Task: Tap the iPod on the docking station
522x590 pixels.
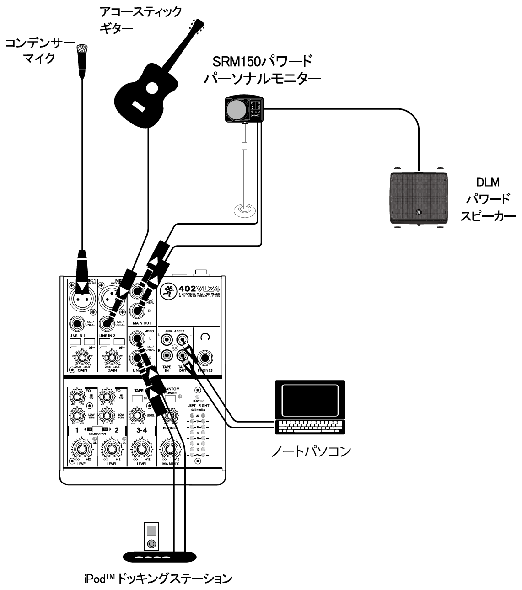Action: (x=151, y=536)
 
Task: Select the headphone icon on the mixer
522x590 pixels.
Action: (x=205, y=337)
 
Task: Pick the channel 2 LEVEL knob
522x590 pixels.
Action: (x=112, y=450)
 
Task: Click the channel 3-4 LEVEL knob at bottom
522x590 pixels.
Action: (x=141, y=450)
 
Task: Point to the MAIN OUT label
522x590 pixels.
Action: (x=141, y=323)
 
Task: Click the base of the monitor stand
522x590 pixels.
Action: (x=245, y=211)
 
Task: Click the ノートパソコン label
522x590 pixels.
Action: (x=311, y=451)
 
